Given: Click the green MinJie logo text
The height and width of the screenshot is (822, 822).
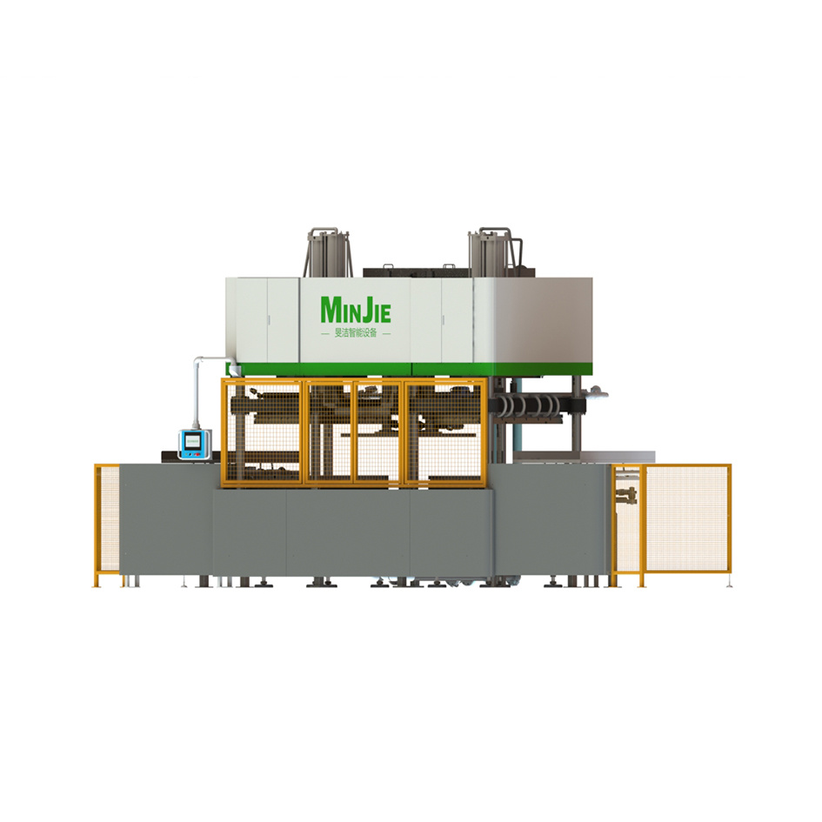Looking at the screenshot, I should click(355, 310).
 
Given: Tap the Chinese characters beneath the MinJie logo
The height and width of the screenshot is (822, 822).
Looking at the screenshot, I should click(355, 333).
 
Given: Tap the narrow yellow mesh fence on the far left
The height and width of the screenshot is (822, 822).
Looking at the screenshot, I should click(106, 522).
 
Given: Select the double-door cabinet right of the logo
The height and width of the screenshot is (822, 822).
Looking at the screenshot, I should click(441, 319).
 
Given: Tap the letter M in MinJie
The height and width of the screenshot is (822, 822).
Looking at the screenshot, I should click(330, 310).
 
